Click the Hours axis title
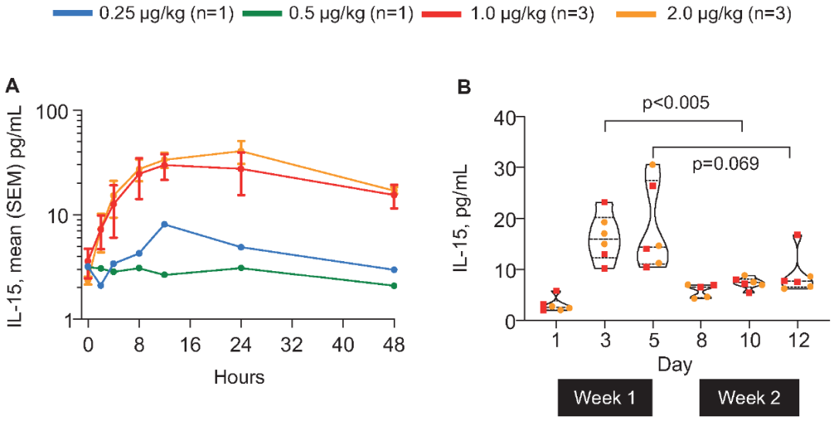tap(239, 376)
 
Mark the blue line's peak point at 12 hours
tap(164, 224)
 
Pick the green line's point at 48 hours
tap(394, 286)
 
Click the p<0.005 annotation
tap(676, 103)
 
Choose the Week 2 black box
tap(748, 398)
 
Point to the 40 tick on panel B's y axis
tap(504, 117)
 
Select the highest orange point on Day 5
tap(653, 165)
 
